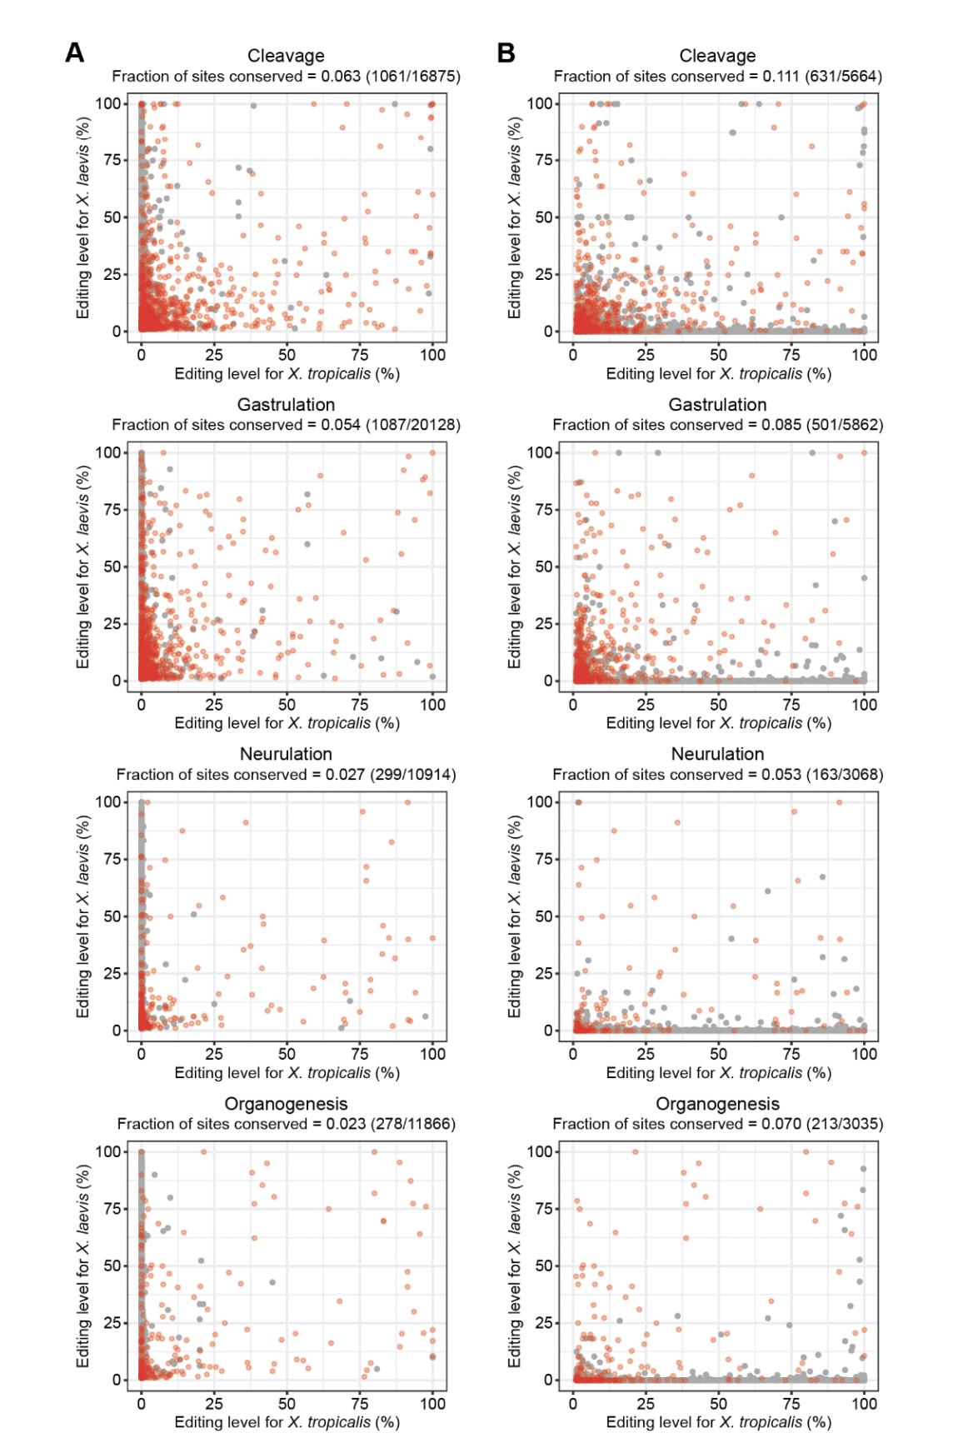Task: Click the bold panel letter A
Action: pos(74,53)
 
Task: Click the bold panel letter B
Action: pos(506,53)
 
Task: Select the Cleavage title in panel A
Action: pos(286,56)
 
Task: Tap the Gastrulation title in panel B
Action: pos(717,405)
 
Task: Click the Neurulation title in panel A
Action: pos(286,754)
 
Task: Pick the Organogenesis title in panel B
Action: pos(717,1104)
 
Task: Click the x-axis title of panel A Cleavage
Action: pos(287,374)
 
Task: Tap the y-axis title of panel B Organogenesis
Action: pos(515,1266)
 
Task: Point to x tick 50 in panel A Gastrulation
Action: pos(287,704)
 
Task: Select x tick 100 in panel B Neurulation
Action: pos(864,1054)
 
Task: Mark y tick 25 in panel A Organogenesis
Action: pos(112,1323)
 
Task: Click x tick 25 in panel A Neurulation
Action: pos(214,1054)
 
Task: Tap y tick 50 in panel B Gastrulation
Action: pos(543,567)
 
